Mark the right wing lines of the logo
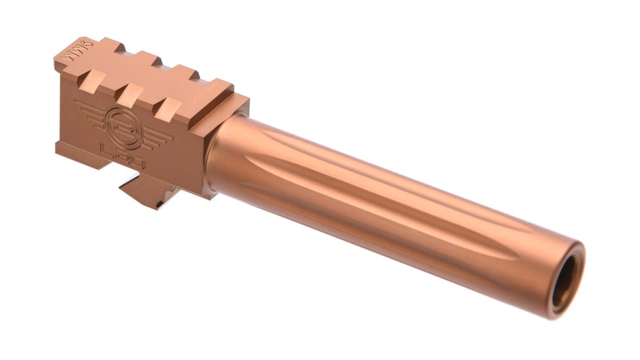(x=154, y=136)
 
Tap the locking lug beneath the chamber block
(x=147, y=191)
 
